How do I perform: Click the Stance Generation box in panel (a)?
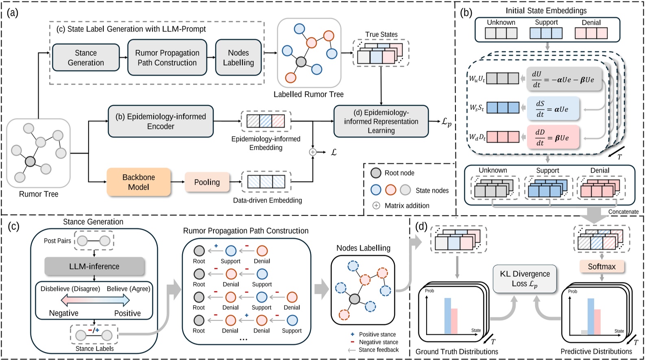click(86, 57)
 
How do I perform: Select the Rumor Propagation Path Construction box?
click(167, 57)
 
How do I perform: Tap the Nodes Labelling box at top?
click(238, 57)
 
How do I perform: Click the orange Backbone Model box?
click(138, 182)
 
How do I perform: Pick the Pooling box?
click(207, 182)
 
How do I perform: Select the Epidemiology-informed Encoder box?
click(161, 121)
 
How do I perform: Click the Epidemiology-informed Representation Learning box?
click(381, 121)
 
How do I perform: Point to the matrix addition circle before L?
click(312, 152)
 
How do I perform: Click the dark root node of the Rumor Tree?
click(30, 162)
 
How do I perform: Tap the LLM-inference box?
click(94, 266)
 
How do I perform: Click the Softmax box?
click(601, 266)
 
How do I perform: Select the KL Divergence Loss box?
click(525, 279)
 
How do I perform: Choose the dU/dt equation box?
click(563, 79)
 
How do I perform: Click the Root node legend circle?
click(376, 173)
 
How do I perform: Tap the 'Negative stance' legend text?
click(378, 342)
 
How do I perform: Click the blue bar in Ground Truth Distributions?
click(447, 316)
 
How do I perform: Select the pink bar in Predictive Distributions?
click(597, 321)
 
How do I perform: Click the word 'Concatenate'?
click(623, 212)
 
